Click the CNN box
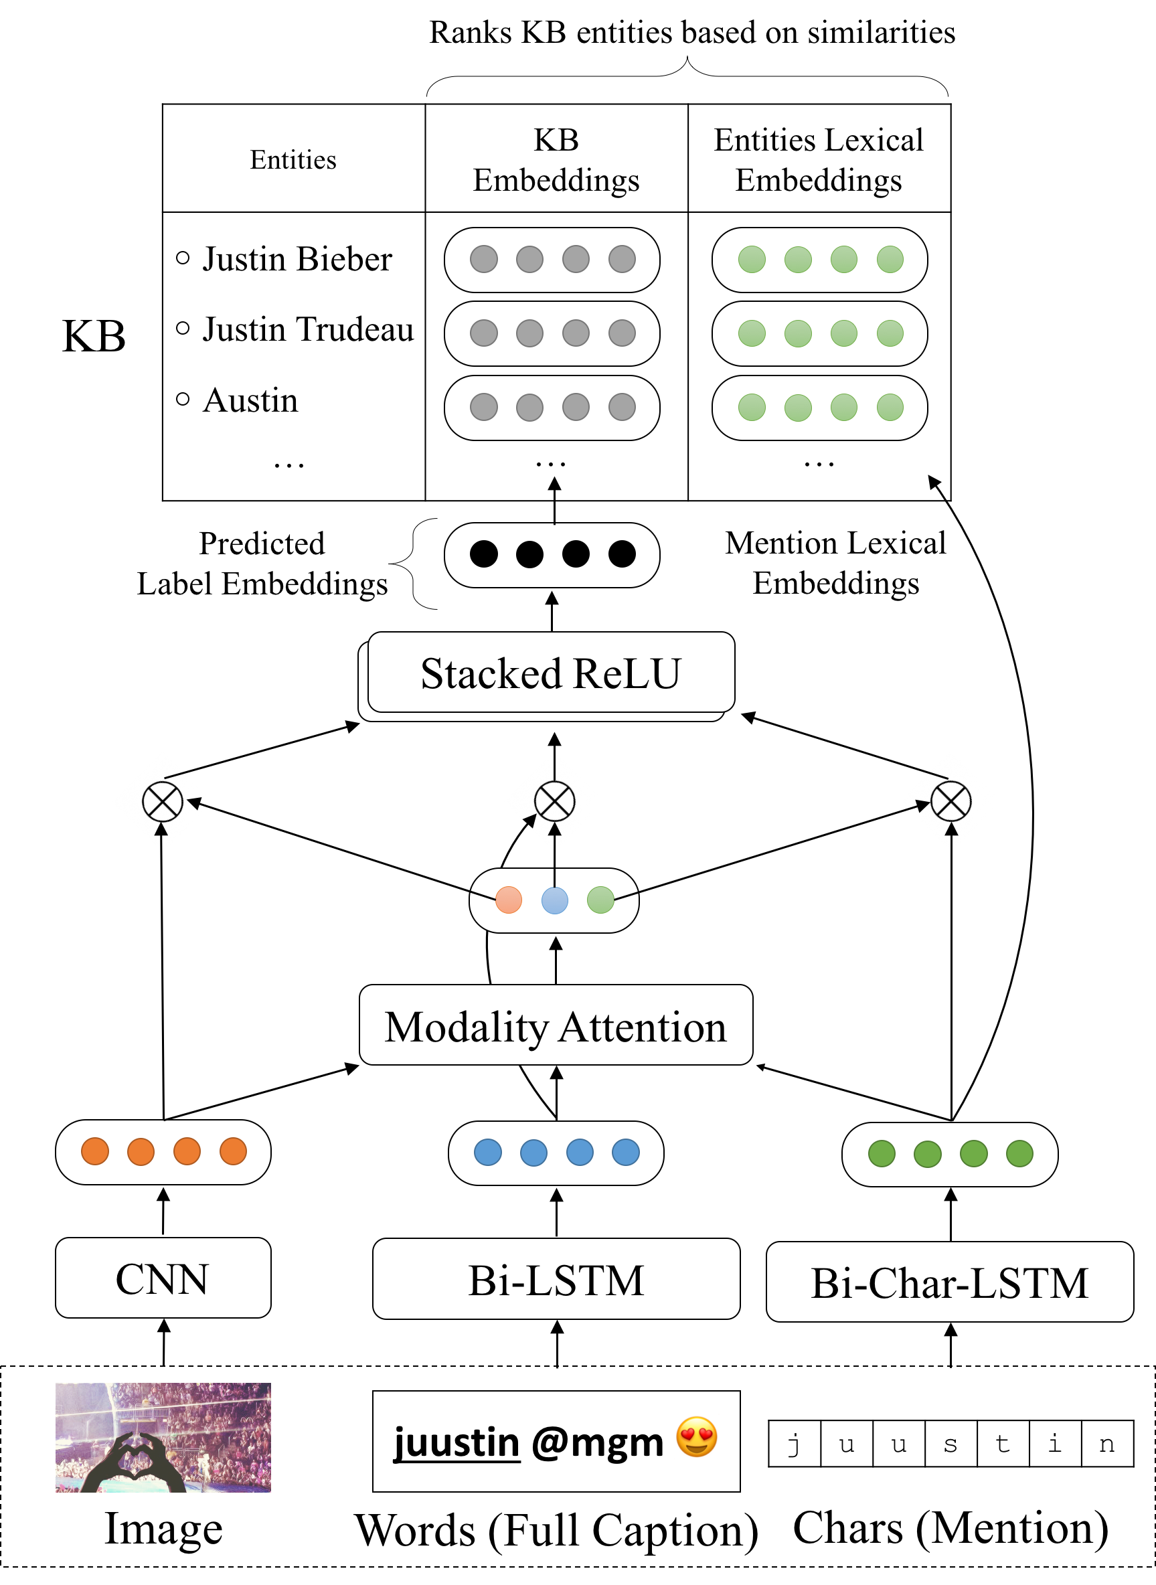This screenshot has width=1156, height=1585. click(x=163, y=1278)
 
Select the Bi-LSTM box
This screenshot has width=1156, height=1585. click(x=556, y=1279)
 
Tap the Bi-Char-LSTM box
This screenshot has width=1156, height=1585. click(x=950, y=1282)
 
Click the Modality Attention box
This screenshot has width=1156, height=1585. click(x=556, y=1026)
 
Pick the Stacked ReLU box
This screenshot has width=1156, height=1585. click(x=551, y=673)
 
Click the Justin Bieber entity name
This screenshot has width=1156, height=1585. click(x=297, y=259)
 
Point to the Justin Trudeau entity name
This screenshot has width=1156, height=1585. click(x=308, y=329)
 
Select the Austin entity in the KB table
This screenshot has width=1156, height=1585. click(x=250, y=400)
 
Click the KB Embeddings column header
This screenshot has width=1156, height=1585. click(x=556, y=159)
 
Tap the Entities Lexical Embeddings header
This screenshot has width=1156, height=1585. click(x=819, y=159)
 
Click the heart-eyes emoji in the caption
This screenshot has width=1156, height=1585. click(x=697, y=1436)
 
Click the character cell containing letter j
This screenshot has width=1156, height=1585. click(x=795, y=1443)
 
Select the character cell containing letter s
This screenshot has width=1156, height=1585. click(x=951, y=1443)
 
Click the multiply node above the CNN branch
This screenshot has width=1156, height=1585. click(x=163, y=801)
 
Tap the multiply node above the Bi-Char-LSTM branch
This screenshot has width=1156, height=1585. click(x=951, y=801)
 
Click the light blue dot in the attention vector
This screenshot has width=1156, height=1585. click(x=555, y=900)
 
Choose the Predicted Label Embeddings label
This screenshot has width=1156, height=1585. click(x=262, y=564)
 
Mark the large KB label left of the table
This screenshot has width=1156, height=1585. click(x=94, y=336)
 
